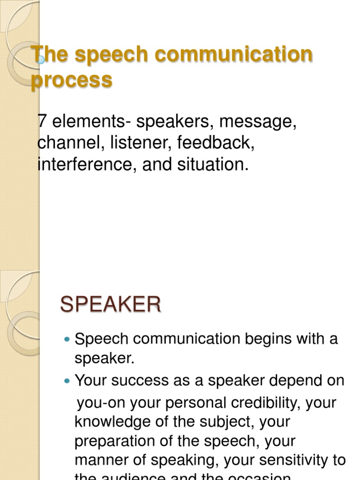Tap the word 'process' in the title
tap(72, 80)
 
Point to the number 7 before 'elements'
tap(42, 122)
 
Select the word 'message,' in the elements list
tap(258, 122)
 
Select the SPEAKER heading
tap(111, 305)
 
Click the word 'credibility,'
tap(272, 402)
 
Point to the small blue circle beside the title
tap(41, 60)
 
